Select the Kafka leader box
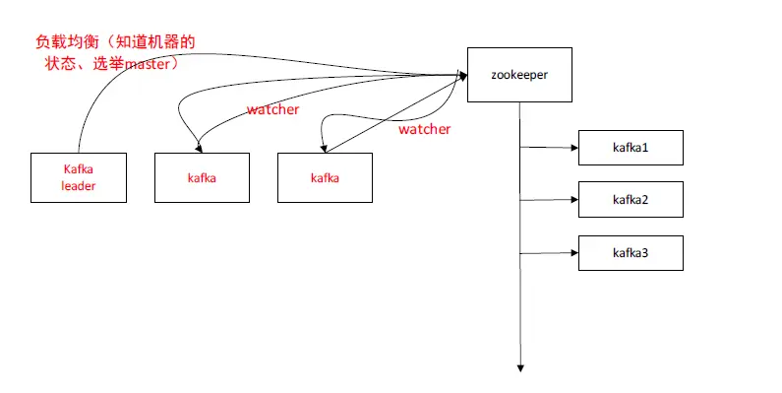(x=79, y=177)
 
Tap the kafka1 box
(x=631, y=147)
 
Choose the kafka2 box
(x=631, y=200)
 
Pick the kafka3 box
(x=631, y=253)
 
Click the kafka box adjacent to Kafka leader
(x=202, y=177)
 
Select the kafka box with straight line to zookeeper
(x=326, y=177)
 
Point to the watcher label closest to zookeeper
(x=424, y=129)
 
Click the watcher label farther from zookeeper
(x=272, y=109)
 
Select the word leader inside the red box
(x=79, y=186)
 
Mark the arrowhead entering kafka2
(x=573, y=200)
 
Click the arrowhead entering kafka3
(x=573, y=253)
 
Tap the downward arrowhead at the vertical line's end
(x=519, y=367)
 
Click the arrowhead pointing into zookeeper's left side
(x=461, y=74)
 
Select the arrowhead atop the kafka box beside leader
(x=201, y=149)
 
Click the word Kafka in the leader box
(x=78, y=168)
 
